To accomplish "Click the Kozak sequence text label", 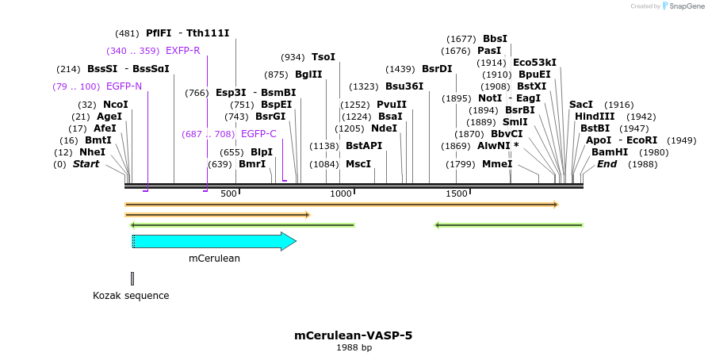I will click(131, 296).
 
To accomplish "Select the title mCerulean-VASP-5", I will click(353, 335).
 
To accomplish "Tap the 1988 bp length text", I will click(353, 348).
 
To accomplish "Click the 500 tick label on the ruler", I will click(228, 194).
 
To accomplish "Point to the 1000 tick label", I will click(341, 194).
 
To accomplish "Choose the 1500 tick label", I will click(457, 194).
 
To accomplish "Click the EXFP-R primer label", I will click(182, 51).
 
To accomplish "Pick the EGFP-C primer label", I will click(258, 134).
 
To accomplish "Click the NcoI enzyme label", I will click(116, 105).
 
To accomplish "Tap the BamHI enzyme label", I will click(609, 152).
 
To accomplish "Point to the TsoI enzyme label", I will click(323, 57).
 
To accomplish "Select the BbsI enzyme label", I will click(495, 39).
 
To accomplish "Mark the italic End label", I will click(607, 164).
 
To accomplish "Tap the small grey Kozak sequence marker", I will click(132, 278).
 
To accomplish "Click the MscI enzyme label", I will click(358, 164).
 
